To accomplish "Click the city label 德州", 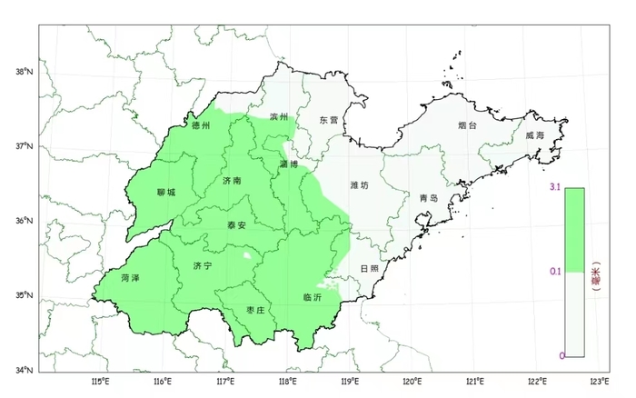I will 201,126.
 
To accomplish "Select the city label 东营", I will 328,120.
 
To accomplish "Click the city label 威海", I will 533,135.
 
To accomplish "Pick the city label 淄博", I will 289,164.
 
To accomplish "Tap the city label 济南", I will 232,181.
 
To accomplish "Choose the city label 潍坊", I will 360,185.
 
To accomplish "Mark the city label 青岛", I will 429,198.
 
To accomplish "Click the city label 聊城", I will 166,193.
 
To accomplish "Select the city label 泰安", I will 236,224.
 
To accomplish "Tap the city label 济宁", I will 203,265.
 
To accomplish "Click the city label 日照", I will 370,269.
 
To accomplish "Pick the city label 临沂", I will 313,297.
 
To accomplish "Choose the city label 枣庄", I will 255,310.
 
